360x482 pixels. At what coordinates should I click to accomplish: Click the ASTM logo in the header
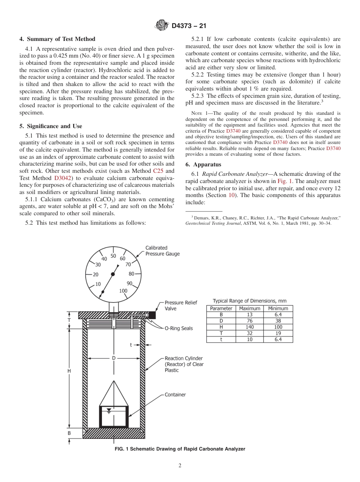point(162,25)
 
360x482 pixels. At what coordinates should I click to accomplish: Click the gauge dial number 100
point(123,291)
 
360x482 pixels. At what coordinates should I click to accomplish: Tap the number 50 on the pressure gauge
point(113,256)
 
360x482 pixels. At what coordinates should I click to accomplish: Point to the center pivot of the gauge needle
point(113,274)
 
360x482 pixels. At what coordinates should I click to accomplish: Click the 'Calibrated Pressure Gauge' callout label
point(163,251)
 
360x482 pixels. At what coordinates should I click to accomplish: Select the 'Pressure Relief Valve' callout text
point(181,305)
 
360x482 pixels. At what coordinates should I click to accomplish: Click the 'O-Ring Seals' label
point(178,329)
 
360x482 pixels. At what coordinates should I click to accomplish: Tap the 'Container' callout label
point(175,394)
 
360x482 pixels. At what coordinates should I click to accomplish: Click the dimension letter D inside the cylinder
point(113,358)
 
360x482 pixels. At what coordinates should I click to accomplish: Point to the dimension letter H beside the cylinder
point(69,371)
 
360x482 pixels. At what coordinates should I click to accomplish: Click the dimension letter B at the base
point(69,433)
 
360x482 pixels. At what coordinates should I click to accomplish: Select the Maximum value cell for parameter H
point(250,327)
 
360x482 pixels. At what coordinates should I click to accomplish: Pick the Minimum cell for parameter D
point(278,321)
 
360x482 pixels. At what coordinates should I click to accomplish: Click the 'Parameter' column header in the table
point(221,308)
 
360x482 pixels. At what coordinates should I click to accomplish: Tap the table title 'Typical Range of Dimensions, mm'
point(249,301)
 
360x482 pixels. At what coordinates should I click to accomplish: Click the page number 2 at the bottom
point(180,466)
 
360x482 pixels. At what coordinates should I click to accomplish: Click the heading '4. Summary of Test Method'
point(57,39)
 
